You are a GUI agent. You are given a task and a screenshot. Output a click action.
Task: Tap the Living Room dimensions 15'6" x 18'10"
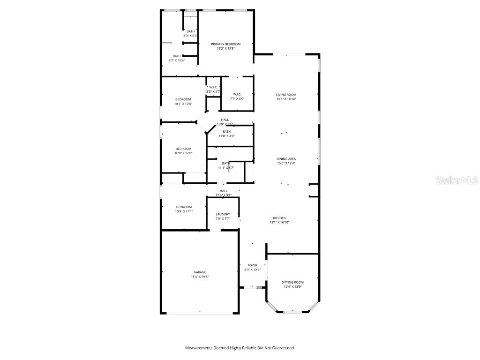[x=286, y=99]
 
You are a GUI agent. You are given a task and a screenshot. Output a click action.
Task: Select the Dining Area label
[x=286, y=159]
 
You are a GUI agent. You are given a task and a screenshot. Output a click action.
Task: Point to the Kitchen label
[x=279, y=218]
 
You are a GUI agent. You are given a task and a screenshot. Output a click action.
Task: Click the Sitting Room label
[x=292, y=282]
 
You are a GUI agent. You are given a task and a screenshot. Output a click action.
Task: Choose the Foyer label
[x=252, y=265]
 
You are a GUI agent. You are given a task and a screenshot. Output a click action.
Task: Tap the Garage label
[x=200, y=272]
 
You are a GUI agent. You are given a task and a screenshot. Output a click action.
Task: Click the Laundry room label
[x=223, y=214]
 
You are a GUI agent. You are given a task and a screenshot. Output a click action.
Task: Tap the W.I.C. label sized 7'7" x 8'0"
[x=237, y=94]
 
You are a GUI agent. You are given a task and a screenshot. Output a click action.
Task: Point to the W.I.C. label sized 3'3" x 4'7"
[x=213, y=87]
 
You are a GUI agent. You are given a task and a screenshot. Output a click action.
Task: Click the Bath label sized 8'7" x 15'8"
[x=177, y=56]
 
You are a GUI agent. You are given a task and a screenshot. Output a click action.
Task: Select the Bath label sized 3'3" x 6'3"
[x=190, y=31]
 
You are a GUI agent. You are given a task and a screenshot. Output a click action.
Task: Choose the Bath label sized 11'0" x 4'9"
[x=226, y=132]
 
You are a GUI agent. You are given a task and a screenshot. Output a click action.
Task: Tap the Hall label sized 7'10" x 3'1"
[x=224, y=191]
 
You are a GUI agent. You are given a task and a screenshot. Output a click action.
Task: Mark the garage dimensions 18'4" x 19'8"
[x=200, y=277]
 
